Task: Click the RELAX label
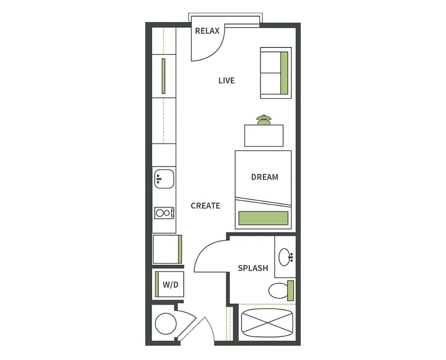(207, 31)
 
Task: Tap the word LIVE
(226, 81)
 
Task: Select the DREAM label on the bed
(265, 177)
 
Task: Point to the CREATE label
(205, 206)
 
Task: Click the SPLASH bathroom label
(253, 268)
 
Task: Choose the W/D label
(171, 284)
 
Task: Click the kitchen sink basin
(164, 179)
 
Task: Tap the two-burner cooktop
(164, 213)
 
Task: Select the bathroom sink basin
(285, 257)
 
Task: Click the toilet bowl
(278, 291)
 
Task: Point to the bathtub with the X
(267, 322)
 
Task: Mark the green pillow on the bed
(263, 218)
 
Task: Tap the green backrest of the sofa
(284, 73)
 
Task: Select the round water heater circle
(166, 324)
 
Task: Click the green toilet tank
(290, 290)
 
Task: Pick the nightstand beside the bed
(263, 136)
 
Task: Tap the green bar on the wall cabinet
(163, 76)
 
